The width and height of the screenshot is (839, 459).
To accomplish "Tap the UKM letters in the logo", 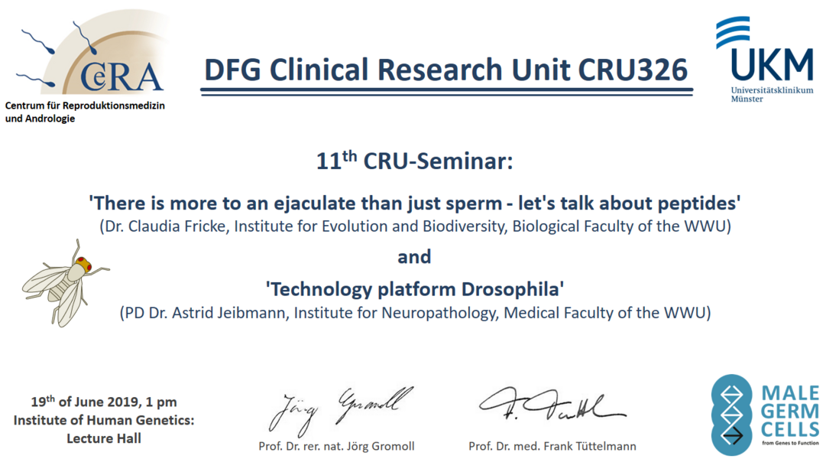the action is pyautogui.click(x=772, y=64).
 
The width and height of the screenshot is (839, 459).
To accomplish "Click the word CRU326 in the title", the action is pyautogui.click(x=633, y=70).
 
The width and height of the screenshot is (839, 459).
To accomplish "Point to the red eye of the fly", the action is pyautogui.click(x=83, y=263).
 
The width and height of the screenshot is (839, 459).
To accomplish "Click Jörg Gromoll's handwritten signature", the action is pyautogui.click(x=341, y=410).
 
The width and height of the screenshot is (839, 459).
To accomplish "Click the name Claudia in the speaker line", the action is pyautogui.click(x=158, y=226).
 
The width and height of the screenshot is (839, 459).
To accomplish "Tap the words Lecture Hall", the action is pyautogui.click(x=104, y=438).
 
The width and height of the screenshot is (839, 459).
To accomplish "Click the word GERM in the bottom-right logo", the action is pyautogui.click(x=790, y=412).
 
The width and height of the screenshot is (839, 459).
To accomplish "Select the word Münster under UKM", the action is pyautogui.click(x=747, y=99).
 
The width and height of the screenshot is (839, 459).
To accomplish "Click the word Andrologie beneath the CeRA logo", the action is pyautogui.click(x=49, y=119).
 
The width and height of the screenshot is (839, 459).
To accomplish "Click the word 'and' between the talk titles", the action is pyautogui.click(x=414, y=257).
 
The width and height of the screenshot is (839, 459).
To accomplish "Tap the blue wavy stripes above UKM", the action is pyautogui.click(x=733, y=31).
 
